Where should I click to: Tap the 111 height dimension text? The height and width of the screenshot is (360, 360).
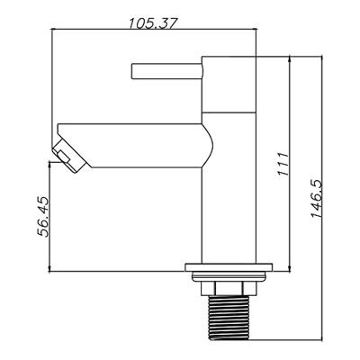(283, 164)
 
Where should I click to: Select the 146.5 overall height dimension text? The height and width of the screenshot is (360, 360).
(316, 199)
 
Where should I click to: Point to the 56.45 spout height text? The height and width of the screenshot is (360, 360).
(42, 217)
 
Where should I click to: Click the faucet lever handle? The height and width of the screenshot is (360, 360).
(166, 71)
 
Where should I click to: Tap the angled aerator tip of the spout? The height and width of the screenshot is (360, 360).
(69, 156)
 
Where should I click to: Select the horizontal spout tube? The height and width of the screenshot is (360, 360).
(132, 146)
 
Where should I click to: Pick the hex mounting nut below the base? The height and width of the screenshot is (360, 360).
(229, 288)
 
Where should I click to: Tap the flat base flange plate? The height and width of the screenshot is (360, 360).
(229, 267)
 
